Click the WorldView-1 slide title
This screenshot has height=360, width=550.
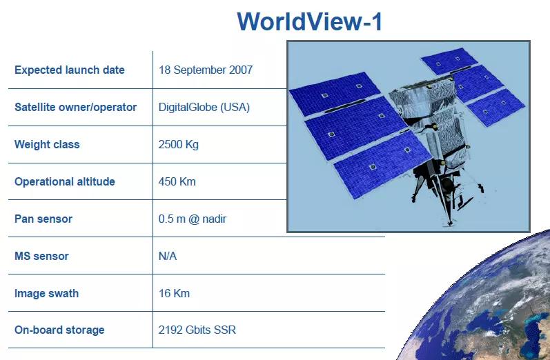pos(309,22)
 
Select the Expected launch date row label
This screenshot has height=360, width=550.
pos(70,70)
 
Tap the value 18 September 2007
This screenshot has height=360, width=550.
pos(206,70)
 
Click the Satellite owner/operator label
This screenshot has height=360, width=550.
pos(75,107)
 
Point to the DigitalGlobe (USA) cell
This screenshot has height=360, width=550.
pos(204,108)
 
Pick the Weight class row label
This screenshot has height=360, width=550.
pos(47,144)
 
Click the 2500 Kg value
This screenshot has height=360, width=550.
pos(179,144)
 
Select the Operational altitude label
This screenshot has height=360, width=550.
pos(65,181)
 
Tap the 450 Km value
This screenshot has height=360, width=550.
pos(177,181)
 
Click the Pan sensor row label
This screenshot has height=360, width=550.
pos(43,219)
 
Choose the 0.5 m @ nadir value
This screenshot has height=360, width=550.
pos(193,219)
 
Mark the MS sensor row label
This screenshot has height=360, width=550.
pos(41,256)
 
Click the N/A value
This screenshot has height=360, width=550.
pos(168,256)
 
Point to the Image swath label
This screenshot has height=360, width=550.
pos(46,293)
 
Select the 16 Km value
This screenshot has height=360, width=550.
pos(174,293)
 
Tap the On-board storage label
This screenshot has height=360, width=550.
pos(59,330)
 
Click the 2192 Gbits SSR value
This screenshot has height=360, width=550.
pos(197,330)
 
